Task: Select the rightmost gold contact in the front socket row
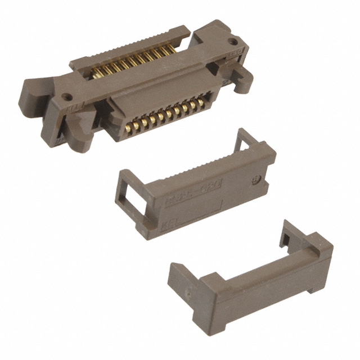(201, 101)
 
